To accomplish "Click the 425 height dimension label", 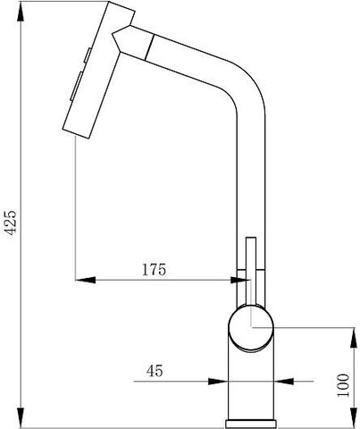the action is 12,223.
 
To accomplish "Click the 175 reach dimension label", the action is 154,270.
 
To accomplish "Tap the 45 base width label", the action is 155,371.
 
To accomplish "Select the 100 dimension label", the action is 343,385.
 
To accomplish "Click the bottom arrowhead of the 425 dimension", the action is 21,417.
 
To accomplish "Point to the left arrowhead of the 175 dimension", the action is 86,280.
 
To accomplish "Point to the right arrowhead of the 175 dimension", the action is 240,280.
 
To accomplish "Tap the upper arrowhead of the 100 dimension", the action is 354,338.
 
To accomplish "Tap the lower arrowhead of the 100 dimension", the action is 354,417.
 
